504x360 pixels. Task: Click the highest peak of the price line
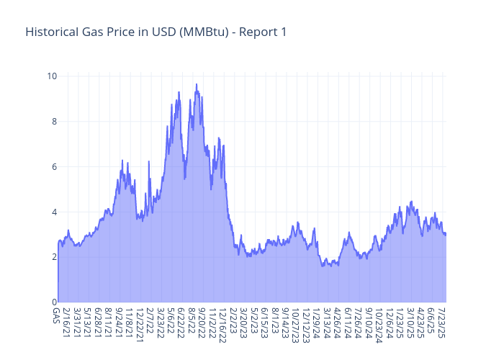pos(197,84)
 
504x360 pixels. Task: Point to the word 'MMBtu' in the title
pos(210,32)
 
